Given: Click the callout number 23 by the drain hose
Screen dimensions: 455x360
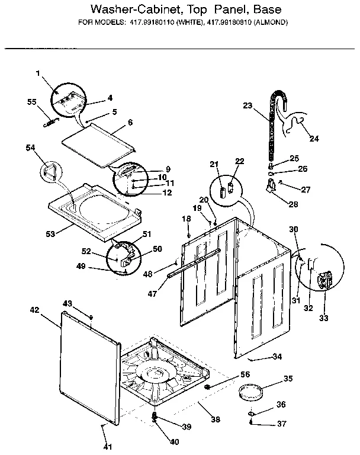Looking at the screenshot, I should coord(247,106).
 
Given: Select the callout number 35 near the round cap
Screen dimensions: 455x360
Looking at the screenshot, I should coord(288,379).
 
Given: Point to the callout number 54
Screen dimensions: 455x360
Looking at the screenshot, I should coord(31,147).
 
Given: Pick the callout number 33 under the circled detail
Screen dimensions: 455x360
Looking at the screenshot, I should coord(323,318).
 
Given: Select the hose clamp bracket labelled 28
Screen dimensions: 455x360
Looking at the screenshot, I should coord(271,188).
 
